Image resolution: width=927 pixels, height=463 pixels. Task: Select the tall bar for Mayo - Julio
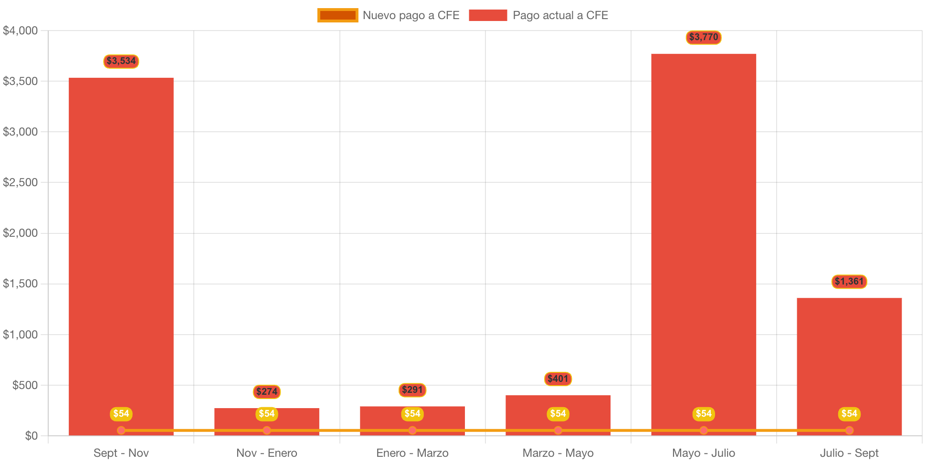(x=704, y=239)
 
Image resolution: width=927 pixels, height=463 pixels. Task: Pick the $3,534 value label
(x=121, y=61)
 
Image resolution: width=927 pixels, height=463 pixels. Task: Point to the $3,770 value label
(x=704, y=37)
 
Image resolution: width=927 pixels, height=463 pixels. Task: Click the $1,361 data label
(x=849, y=282)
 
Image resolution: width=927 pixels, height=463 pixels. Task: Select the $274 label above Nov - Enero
(x=267, y=392)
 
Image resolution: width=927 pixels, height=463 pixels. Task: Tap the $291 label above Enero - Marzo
(x=412, y=390)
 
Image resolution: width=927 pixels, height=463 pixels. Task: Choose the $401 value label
(x=558, y=379)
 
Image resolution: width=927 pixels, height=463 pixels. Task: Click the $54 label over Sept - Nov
(x=121, y=414)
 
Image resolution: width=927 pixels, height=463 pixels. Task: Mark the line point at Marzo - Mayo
(x=558, y=431)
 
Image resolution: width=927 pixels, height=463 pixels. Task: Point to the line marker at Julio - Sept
(x=849, y=431)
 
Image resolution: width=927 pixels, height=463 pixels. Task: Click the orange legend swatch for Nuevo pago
(x=337, y=15)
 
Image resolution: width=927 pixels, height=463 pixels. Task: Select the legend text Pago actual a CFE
(x=560, y=15)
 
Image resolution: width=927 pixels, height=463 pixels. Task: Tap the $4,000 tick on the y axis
(x=20, y=31)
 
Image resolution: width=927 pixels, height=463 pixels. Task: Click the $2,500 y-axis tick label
(x=20, y=182)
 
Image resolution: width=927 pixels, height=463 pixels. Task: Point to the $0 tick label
(x=31, y=436)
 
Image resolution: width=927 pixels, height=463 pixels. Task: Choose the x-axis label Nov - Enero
(x=267, y=453)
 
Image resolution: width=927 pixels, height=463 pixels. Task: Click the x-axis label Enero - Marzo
(x=412, y=453)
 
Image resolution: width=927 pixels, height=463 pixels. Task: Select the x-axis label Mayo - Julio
(x=704, y=453)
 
